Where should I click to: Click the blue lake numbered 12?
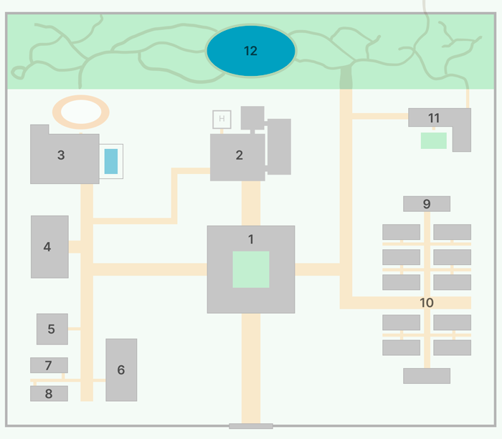pos(250,51)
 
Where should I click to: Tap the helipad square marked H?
pos(222,119)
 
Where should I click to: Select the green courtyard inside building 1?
pos(251,269)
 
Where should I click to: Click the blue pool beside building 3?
pos(111,161)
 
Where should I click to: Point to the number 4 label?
pos(47,247)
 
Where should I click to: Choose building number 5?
pos(52,329)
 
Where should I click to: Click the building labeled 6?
pos(121,370)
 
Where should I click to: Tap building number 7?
pos(49,365)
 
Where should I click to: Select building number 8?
pos(49,393)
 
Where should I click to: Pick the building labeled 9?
pos(427,204)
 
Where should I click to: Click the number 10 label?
pos(427,303)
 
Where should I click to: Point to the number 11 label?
pos(434,118)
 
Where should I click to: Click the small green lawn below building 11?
pos(434,140)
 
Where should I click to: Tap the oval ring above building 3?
pos(81,112)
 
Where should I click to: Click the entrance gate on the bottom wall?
pos(251,426)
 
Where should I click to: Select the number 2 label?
pos(240,155)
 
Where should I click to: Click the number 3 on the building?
pos(61,155)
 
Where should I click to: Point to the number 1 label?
pos(251,239)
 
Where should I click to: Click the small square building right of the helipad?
pos(252,117)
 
